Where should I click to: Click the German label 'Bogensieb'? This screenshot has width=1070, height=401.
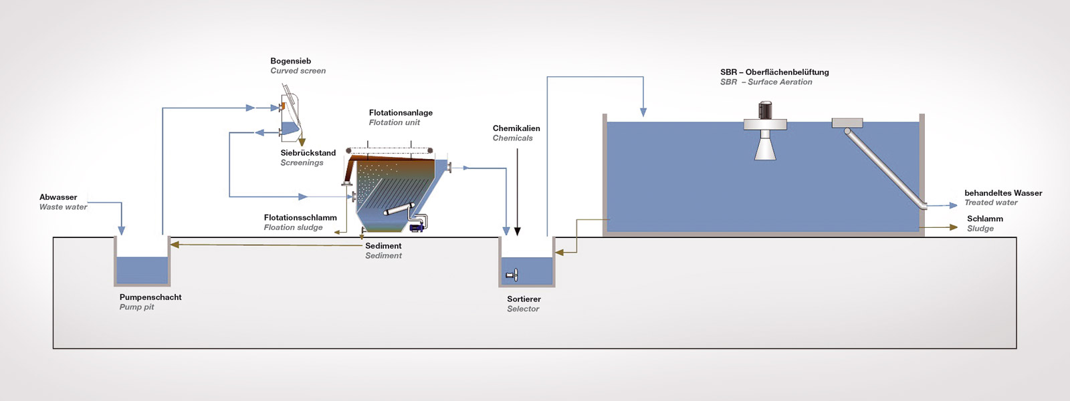(x=290, y=61)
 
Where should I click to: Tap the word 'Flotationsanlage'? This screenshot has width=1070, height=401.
(x=401, y=112)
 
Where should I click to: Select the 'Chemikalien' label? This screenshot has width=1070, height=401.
(x=516, y=128)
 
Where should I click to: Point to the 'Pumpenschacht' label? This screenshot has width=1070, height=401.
(x=150, y=297)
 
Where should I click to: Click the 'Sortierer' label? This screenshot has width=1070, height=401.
(x=524, y=299)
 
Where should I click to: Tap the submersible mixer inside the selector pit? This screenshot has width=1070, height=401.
(x=512, y=275)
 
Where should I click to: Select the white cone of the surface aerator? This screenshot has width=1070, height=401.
(x=765, y=147)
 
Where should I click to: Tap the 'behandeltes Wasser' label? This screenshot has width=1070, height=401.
(x=1003, y=193)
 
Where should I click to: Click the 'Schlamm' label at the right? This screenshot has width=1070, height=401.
(x=984, y=219)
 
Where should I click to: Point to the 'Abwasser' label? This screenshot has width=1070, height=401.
(x=58, y=197)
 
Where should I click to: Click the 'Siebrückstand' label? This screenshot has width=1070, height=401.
(x=308, y=152)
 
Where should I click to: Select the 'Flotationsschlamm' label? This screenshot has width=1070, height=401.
(x=300, y=217)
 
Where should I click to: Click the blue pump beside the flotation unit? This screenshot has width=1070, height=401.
(x=416, y=227)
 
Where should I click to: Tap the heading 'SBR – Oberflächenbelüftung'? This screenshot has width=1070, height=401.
(x=774, y=72)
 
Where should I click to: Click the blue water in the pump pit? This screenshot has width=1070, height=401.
(x=142, y=270)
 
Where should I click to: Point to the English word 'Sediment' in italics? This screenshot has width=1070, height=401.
(x=383, y=255)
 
